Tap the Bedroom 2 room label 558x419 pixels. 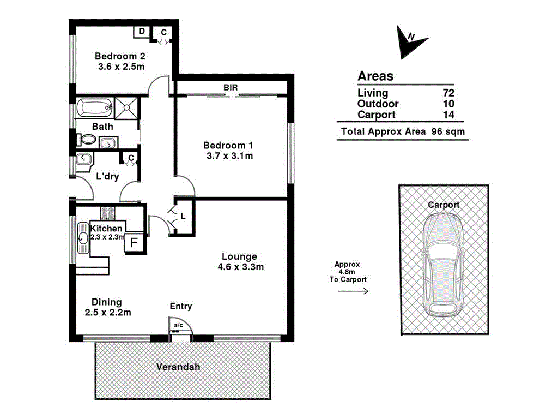(119, 56)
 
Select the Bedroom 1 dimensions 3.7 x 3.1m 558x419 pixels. (228, 156)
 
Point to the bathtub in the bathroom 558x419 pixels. (94, 107)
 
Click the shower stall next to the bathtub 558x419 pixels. (125, 107)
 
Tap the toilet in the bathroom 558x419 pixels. (85, 140)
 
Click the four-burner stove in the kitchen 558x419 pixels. (107, 214)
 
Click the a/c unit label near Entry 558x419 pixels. (178, 326)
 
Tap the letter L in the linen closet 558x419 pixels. (183, 216)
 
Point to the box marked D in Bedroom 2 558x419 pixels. (142, 32)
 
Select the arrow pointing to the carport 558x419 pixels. (353, 291)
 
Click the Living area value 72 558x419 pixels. (448, 93)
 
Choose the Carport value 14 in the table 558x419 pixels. (448, 115)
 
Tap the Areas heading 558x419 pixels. (375, 76)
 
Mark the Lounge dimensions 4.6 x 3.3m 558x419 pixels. (239, 267)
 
